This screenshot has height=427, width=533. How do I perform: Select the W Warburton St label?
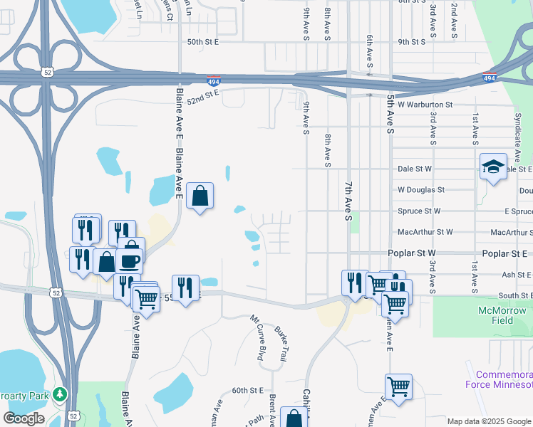pos(425,105)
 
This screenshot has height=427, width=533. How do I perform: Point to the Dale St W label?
pos(415,169)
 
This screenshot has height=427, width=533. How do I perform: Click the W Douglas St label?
pos(421,190)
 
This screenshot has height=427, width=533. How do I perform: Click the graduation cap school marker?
pos(493,167)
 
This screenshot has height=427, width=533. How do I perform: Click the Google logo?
pos(24,418)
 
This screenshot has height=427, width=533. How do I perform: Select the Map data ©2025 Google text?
pos(489,421)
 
